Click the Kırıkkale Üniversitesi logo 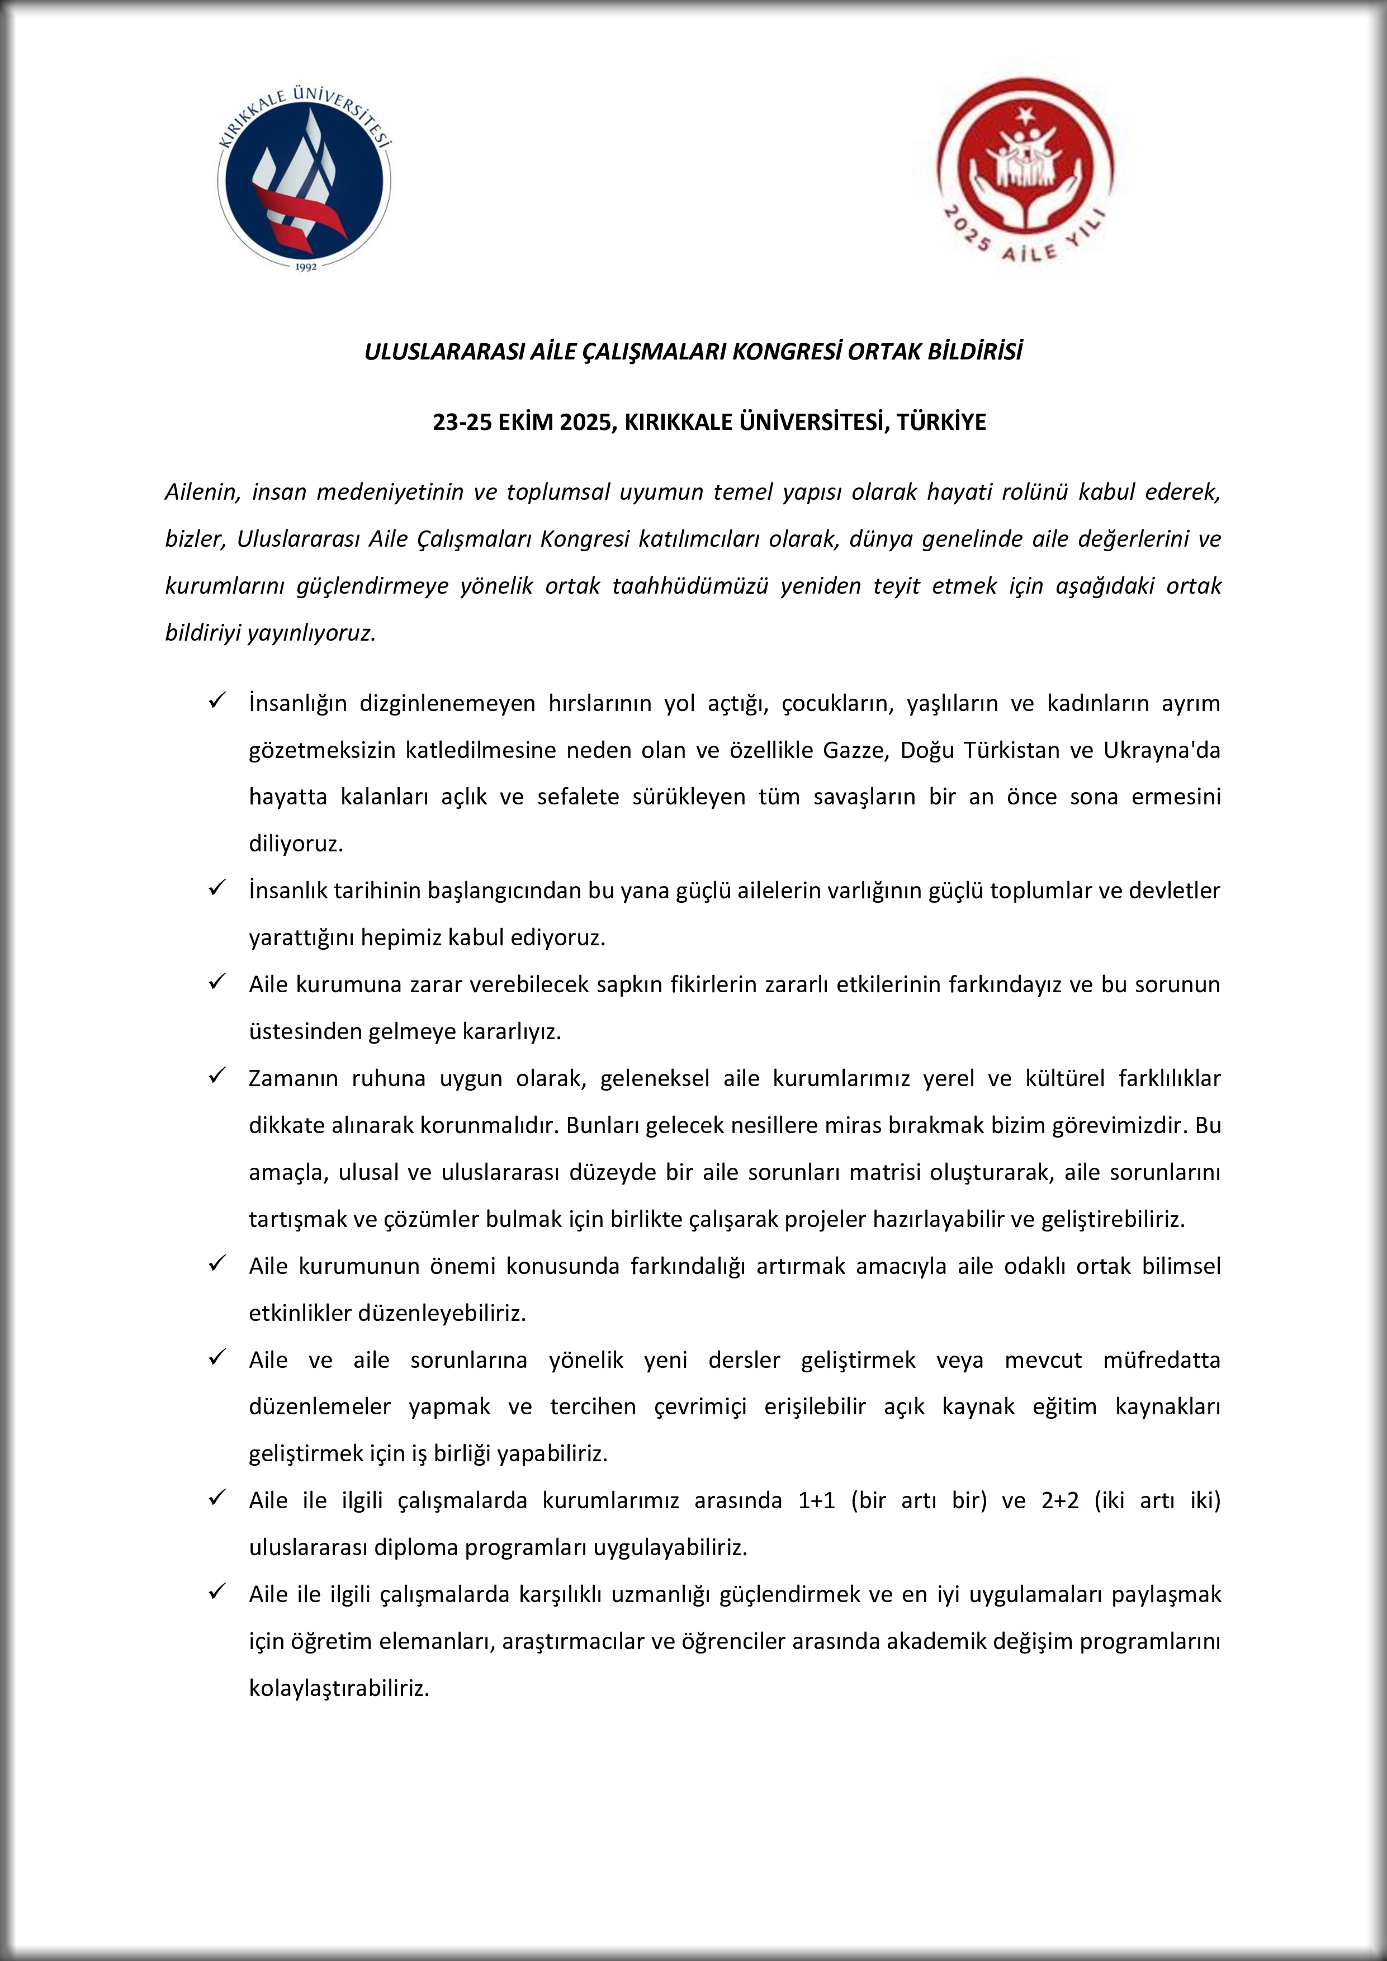(x=305, y=180)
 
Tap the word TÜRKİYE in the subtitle (x=941, y=422)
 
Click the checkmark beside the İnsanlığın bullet (x=216, y=701)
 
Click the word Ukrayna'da (x=1162, y=750)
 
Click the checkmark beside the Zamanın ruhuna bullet (x=216, y=1076)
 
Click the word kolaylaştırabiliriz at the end (x=338, y=1689)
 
